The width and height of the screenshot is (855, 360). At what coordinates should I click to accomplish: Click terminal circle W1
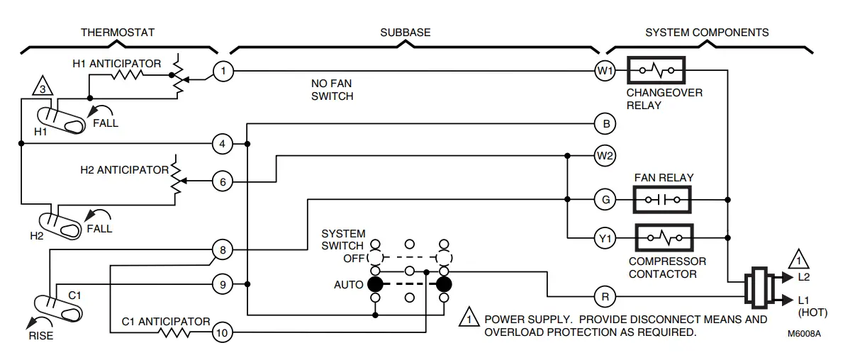pyautogui.click(x=605, y=71)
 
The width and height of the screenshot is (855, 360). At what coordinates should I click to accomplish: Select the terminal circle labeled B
pyautogui.click(x=605, y=124)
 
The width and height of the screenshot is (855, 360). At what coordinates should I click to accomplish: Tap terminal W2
pyautogui.click(x=605, y=155)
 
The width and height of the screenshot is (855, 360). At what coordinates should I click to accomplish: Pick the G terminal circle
pyautogui.click(x=605, y=200)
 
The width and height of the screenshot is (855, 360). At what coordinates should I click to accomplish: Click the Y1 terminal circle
pyautogui.click(x=605, y=239)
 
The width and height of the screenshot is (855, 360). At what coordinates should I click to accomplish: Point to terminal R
pyautogui.click(x=605, y=296)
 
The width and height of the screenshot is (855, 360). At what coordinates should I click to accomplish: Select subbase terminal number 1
pyautogui.click(x=223, y=71)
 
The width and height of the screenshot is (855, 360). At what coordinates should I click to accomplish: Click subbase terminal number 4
pyautogui.click(x=223, y=145)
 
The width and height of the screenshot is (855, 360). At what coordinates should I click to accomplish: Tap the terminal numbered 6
pyautogui.click(x=223, y=182)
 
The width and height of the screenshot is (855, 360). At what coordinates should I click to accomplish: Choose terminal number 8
pyautogui.click(x=223, y=249)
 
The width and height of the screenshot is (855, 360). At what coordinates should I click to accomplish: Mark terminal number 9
pyautogui.click(x=223, y=285)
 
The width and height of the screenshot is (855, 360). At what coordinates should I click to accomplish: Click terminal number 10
pyautogui.click(x=223, y=332)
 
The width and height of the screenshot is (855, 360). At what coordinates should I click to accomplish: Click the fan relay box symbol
pyautogui.click(x=661, y=200)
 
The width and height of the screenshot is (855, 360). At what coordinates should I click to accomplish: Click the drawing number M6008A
pyautogui.click(x=803, y=332)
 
